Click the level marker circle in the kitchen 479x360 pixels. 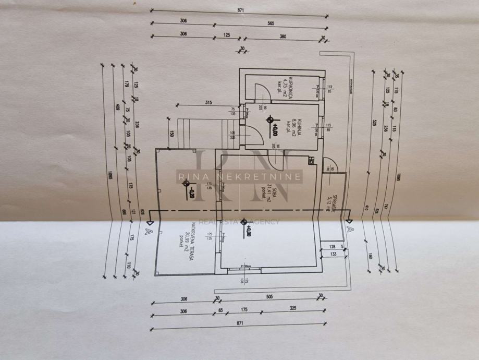270,121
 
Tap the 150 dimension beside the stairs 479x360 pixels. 171,133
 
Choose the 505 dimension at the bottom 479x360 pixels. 269,296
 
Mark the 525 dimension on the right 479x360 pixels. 375,123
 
